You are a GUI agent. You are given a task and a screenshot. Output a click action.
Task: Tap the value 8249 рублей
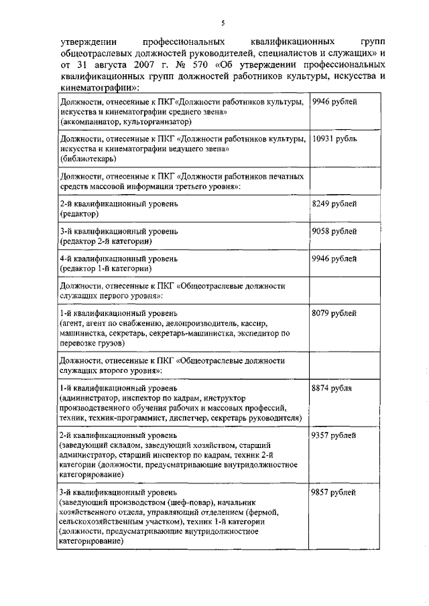334,203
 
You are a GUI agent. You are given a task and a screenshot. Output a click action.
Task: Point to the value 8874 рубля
332,388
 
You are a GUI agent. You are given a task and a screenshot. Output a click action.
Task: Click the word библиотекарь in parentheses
87,159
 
